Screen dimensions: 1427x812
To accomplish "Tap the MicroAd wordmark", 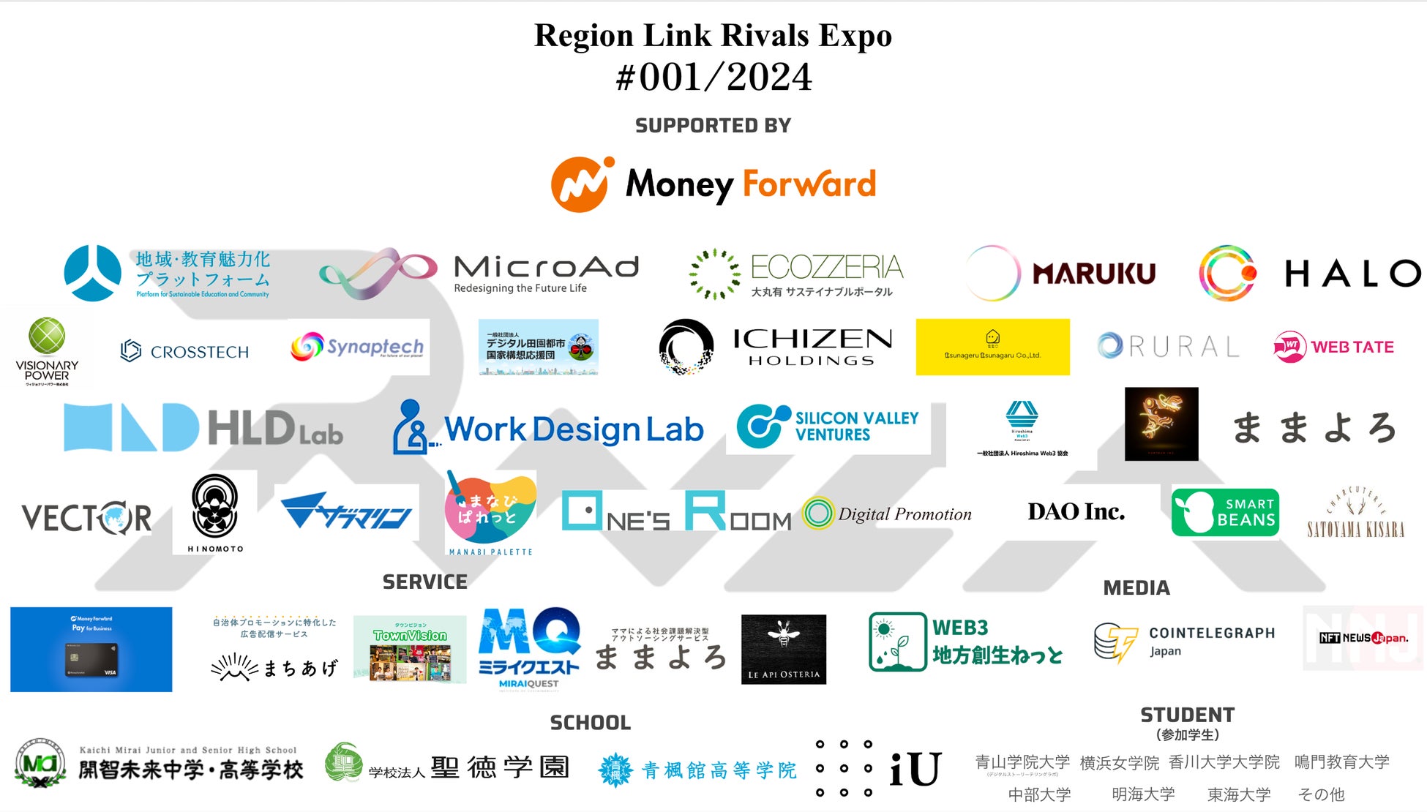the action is [546, 267].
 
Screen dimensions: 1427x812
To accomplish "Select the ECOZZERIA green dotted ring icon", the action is [714, 274].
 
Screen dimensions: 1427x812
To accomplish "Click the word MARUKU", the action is [1093, 274].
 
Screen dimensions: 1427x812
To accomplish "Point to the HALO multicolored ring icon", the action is [1227, 273].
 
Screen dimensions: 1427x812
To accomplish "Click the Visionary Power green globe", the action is [47, 337].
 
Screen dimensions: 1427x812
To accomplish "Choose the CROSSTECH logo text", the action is [199, 352].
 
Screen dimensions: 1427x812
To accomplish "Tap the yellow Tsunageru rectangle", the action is [992, 347].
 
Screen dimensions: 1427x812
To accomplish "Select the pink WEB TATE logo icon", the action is [1289, 347].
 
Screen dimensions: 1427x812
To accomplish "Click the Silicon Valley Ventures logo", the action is [828, 426].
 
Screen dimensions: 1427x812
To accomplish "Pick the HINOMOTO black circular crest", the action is [214, 505].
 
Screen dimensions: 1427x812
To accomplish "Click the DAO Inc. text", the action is [1076, 511].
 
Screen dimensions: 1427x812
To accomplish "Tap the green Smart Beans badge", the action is [1225, 512].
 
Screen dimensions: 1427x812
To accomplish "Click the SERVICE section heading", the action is [424, 582].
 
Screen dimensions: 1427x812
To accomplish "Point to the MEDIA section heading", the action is [1136, 587].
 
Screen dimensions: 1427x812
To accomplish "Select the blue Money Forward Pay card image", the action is [91, 649].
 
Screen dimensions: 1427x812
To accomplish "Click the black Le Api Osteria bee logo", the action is [783, 649].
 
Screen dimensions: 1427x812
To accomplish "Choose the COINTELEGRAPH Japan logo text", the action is [1211, 641].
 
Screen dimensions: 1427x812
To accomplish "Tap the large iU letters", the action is [915, 770].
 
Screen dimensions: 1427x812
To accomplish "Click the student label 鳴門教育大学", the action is [1341, 762].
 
